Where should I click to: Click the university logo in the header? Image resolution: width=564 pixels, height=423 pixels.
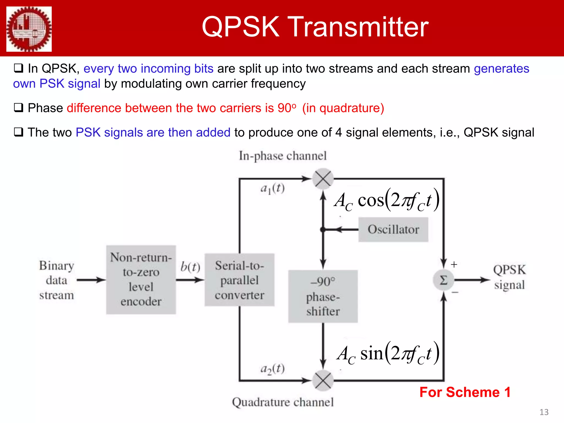tap(29, 29)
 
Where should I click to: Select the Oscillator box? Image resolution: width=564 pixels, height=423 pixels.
tap(393, 229)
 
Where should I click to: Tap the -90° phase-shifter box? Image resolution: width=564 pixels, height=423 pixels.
tap(323, 296)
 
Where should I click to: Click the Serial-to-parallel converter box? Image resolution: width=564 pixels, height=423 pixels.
tap(239, 280)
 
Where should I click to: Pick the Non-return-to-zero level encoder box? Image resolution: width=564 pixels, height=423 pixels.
tap(141, 280)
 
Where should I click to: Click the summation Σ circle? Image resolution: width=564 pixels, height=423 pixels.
tap(443, 280)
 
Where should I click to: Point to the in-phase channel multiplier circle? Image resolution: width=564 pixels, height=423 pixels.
tap(323, 179)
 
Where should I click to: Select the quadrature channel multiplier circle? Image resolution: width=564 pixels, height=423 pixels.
tap(323, 381)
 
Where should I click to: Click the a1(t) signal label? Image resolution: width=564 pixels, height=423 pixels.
tap(272, 189)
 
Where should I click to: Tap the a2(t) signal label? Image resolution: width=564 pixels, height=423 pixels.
tap(272, 369)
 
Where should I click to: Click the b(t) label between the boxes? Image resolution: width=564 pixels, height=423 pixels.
tap(190, 267)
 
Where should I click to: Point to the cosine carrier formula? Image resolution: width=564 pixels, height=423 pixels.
tap(386, 200)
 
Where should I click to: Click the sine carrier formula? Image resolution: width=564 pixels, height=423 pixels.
tap(388, 354)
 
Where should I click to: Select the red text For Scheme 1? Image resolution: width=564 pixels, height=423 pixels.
tap(465, 392)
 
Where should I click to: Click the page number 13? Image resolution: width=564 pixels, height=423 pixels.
tap(544, 412)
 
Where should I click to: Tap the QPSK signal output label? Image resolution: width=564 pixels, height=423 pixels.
tap(509, 277)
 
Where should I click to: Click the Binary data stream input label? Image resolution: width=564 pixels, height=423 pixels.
tap(56, 280)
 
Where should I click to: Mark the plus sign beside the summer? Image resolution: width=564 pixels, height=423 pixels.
tap(454, 264)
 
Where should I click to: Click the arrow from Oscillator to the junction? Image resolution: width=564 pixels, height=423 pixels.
tap(341, 229)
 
